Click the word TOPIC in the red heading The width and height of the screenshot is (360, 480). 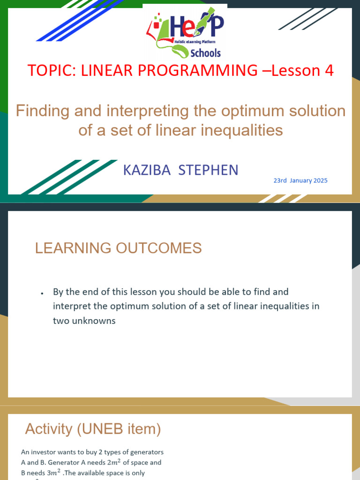pos(47,70)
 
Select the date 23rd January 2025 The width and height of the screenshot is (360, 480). pos(300,180)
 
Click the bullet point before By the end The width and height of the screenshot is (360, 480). pos(42,293)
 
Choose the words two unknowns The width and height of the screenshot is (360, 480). pos(84,321)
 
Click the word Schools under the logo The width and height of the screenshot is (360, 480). pos(204,52)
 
